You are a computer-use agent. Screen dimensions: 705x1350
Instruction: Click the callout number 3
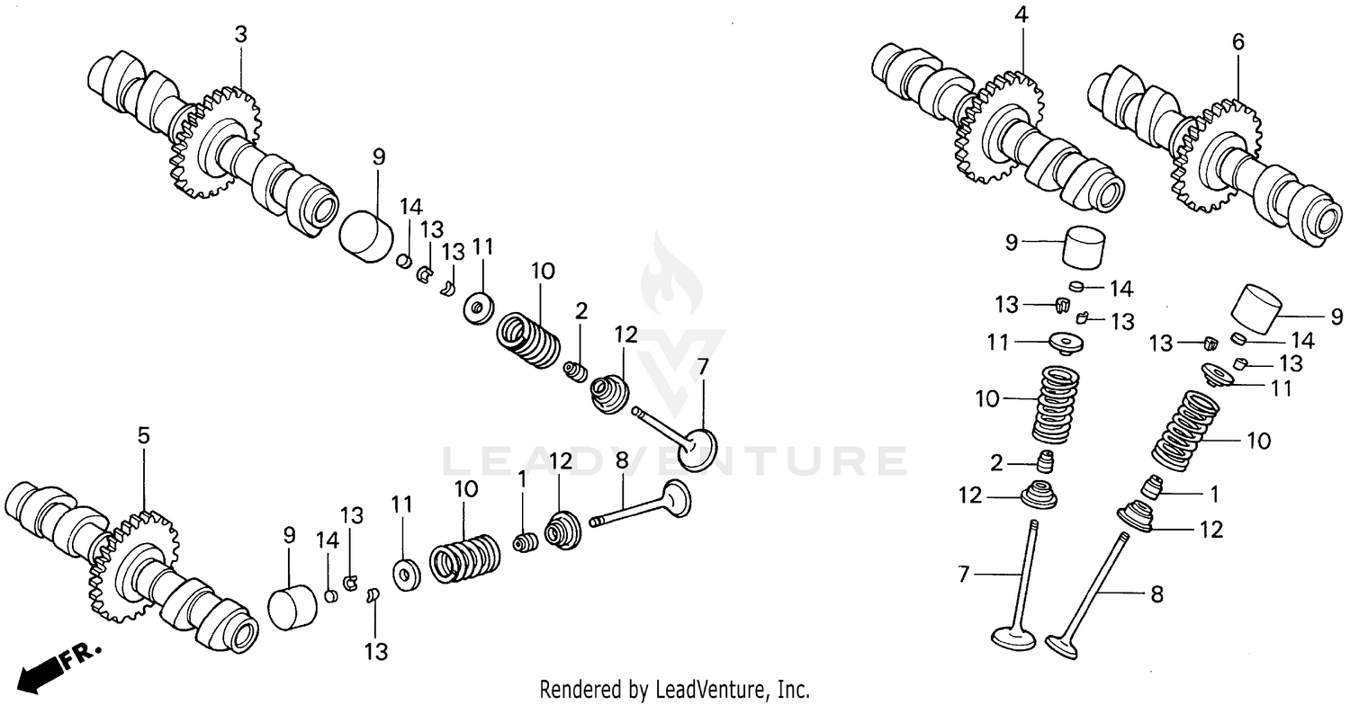coord(240,35)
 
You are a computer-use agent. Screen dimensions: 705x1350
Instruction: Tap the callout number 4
coord(1020,15)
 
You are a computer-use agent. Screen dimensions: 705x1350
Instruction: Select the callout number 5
coord(144,435)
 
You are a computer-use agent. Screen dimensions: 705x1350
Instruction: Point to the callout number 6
coord(1237,40)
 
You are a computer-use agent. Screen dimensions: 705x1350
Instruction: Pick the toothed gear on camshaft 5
coord(133,567)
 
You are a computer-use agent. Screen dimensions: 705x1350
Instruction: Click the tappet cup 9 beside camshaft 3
coord(367,239)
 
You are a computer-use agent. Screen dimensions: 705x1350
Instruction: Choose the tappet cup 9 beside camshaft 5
coord(294,607)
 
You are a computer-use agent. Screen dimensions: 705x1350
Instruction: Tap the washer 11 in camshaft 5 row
coord(404,576)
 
